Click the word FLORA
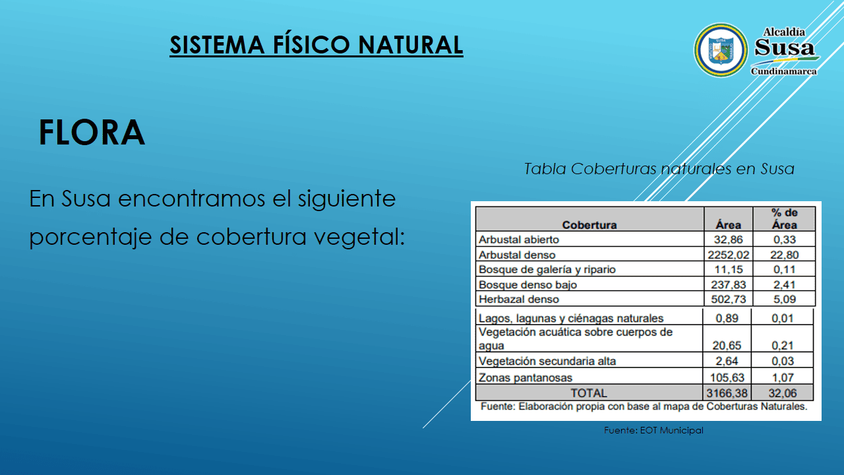92,133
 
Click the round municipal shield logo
721,51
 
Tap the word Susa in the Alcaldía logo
785,47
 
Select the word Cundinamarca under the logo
784,71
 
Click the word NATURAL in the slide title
411,45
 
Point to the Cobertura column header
589,225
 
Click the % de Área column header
784,218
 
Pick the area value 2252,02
728,255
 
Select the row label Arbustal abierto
518,239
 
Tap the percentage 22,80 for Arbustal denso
784,255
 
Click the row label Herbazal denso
518,300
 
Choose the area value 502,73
729,300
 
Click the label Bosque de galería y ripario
547,270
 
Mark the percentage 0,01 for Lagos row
783,319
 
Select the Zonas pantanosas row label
526,378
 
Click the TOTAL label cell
589,393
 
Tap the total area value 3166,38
727,393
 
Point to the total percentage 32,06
783,393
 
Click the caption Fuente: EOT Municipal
653,430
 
